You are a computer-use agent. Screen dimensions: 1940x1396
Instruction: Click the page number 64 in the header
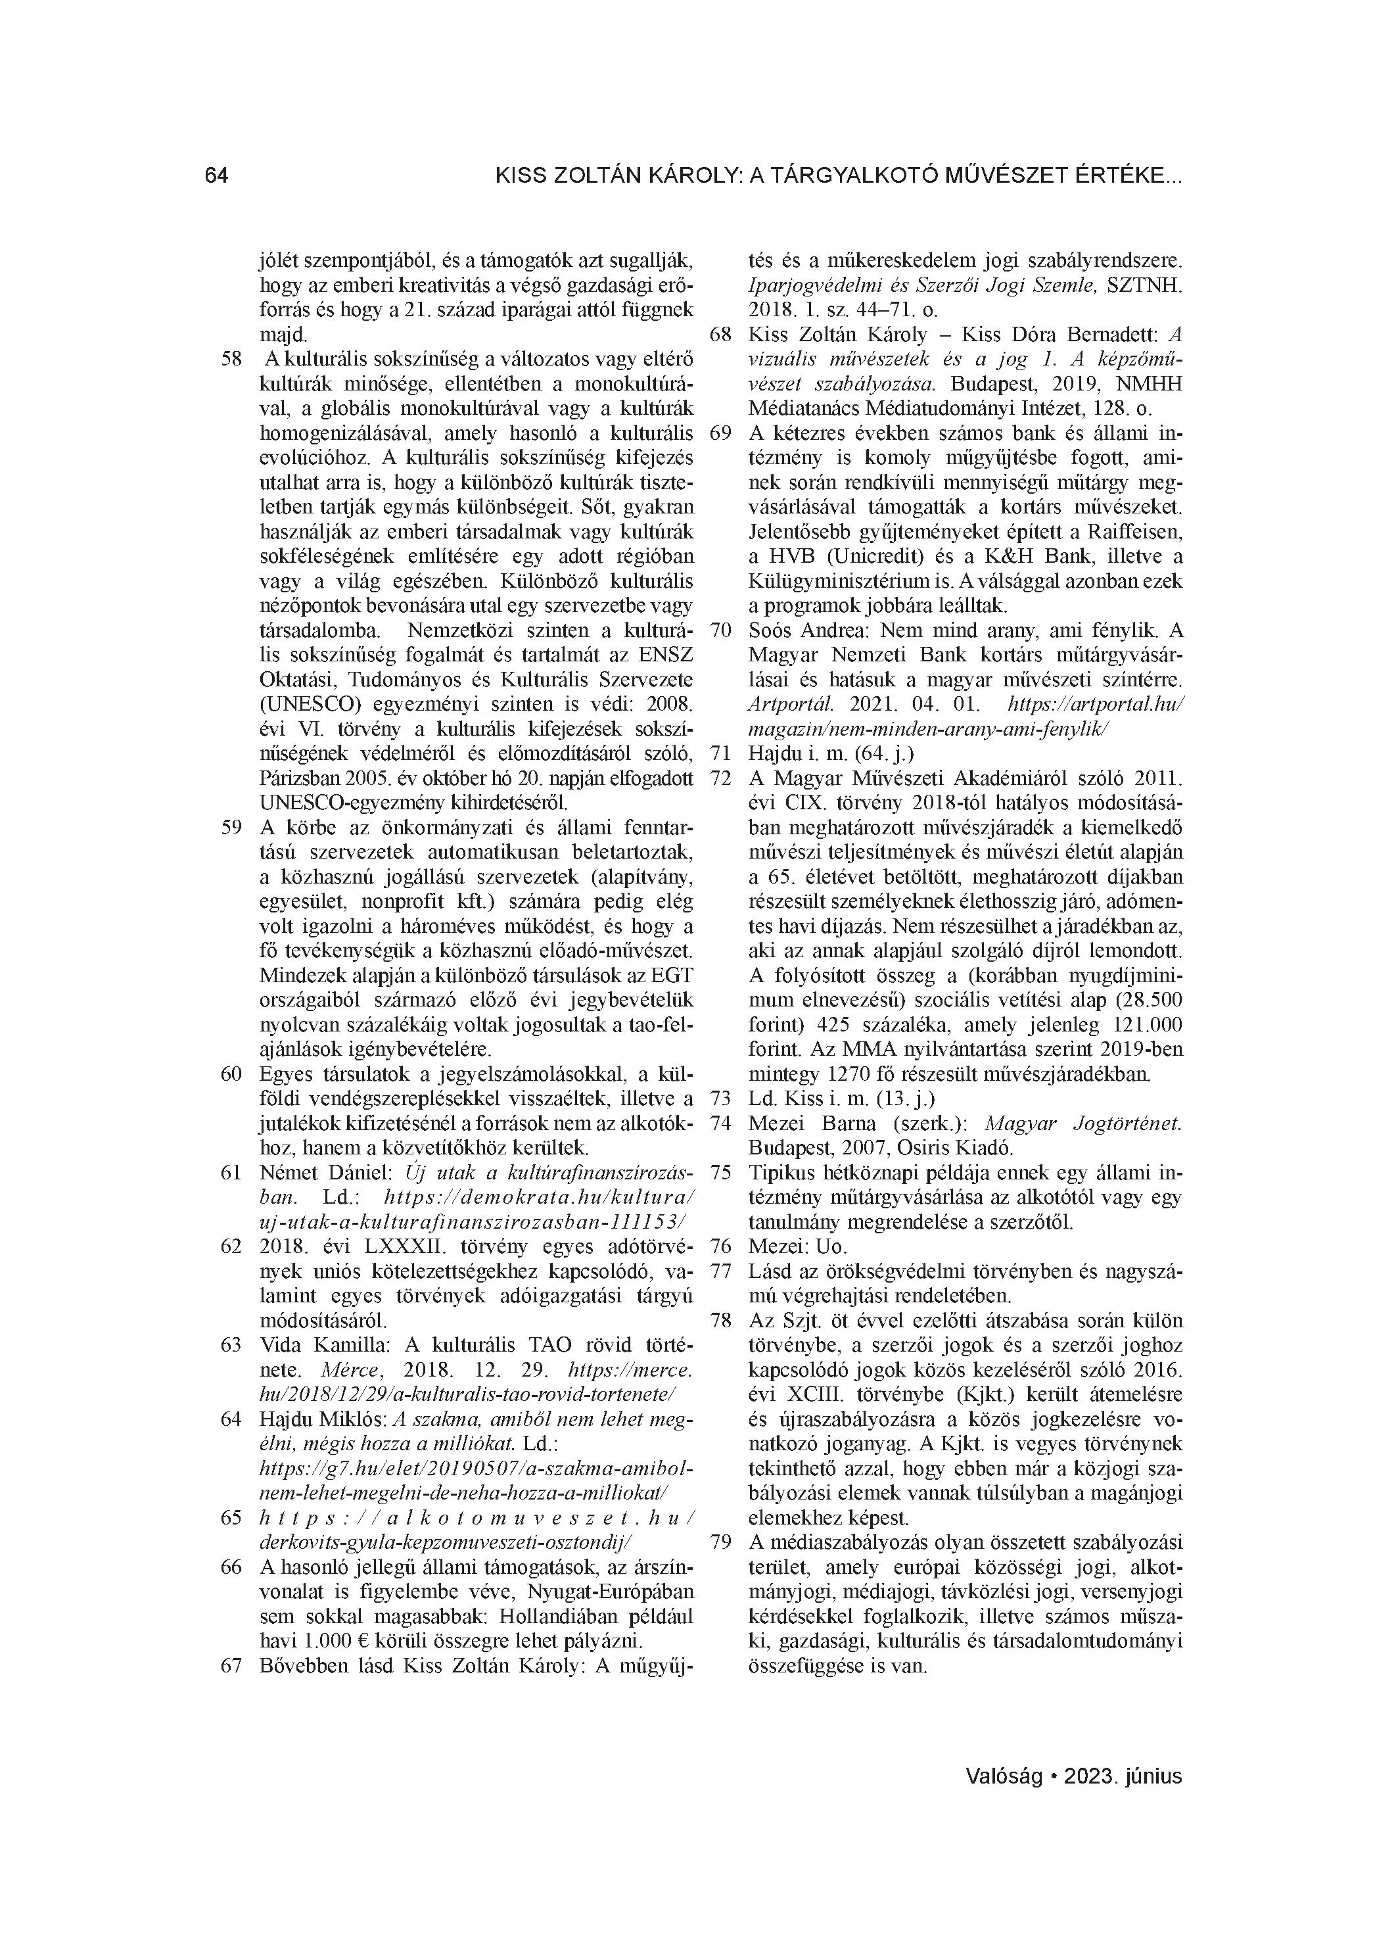tap(216, 176)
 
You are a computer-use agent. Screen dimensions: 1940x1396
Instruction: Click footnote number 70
tap(721, 631)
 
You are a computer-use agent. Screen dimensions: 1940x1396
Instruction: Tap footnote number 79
tap(721, 1542)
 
